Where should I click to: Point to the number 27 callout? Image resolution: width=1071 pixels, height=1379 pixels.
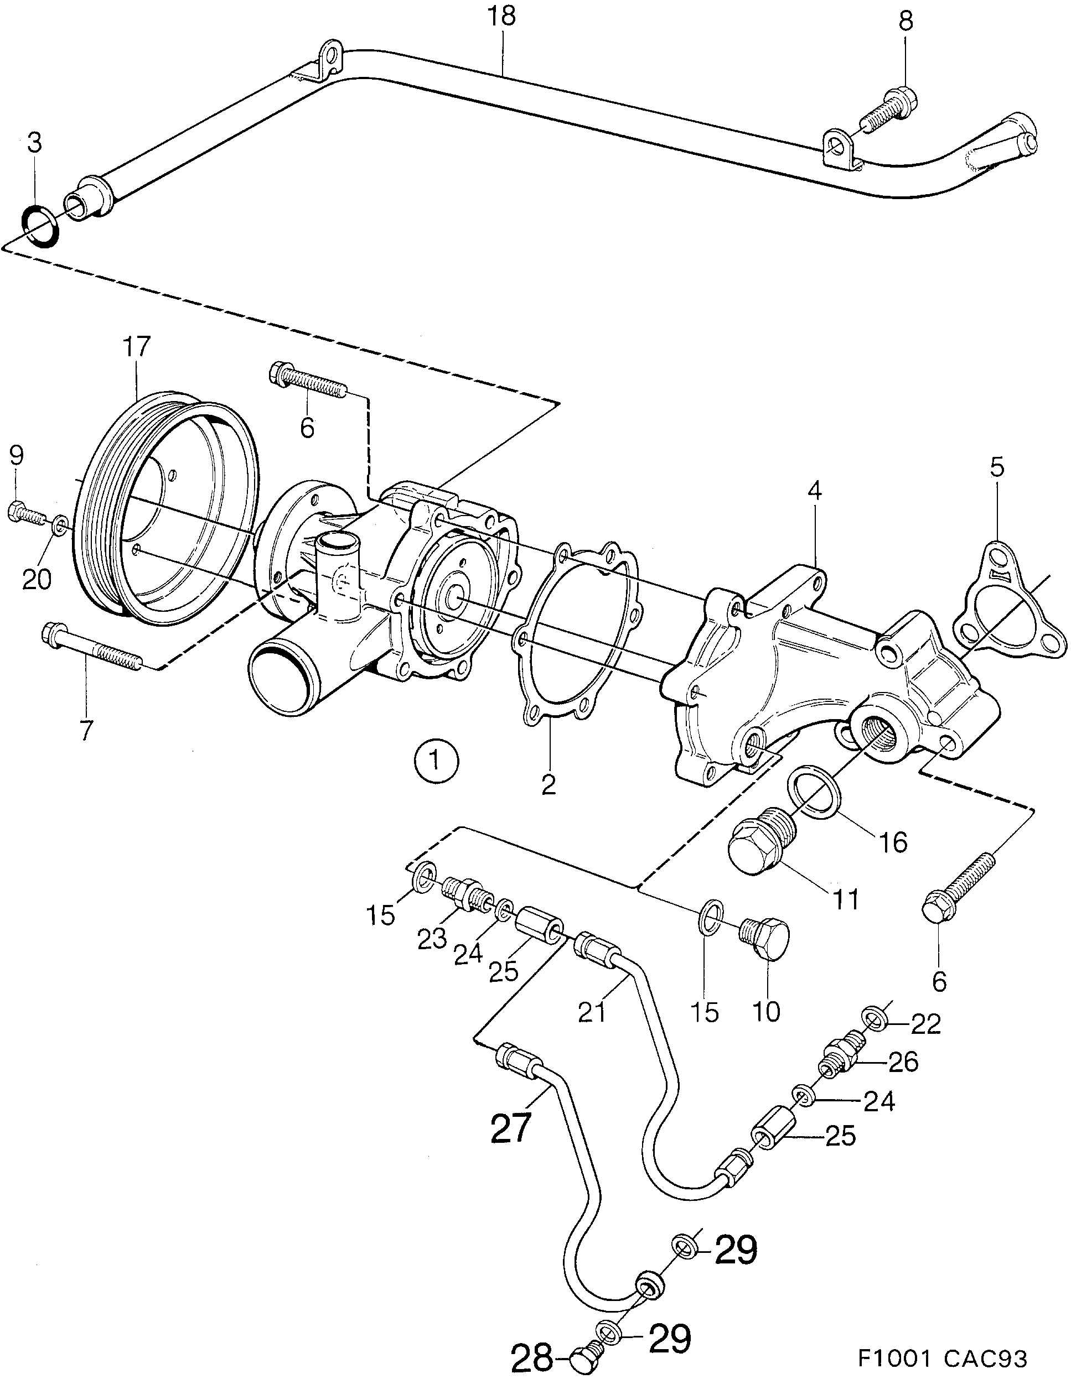click(510, 1129)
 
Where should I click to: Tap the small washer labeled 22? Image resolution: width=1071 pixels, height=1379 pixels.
click(874, 1019)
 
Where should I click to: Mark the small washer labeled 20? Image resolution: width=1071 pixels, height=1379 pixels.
click(60, 524)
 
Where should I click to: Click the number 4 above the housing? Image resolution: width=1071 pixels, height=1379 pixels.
click(815, 492)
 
